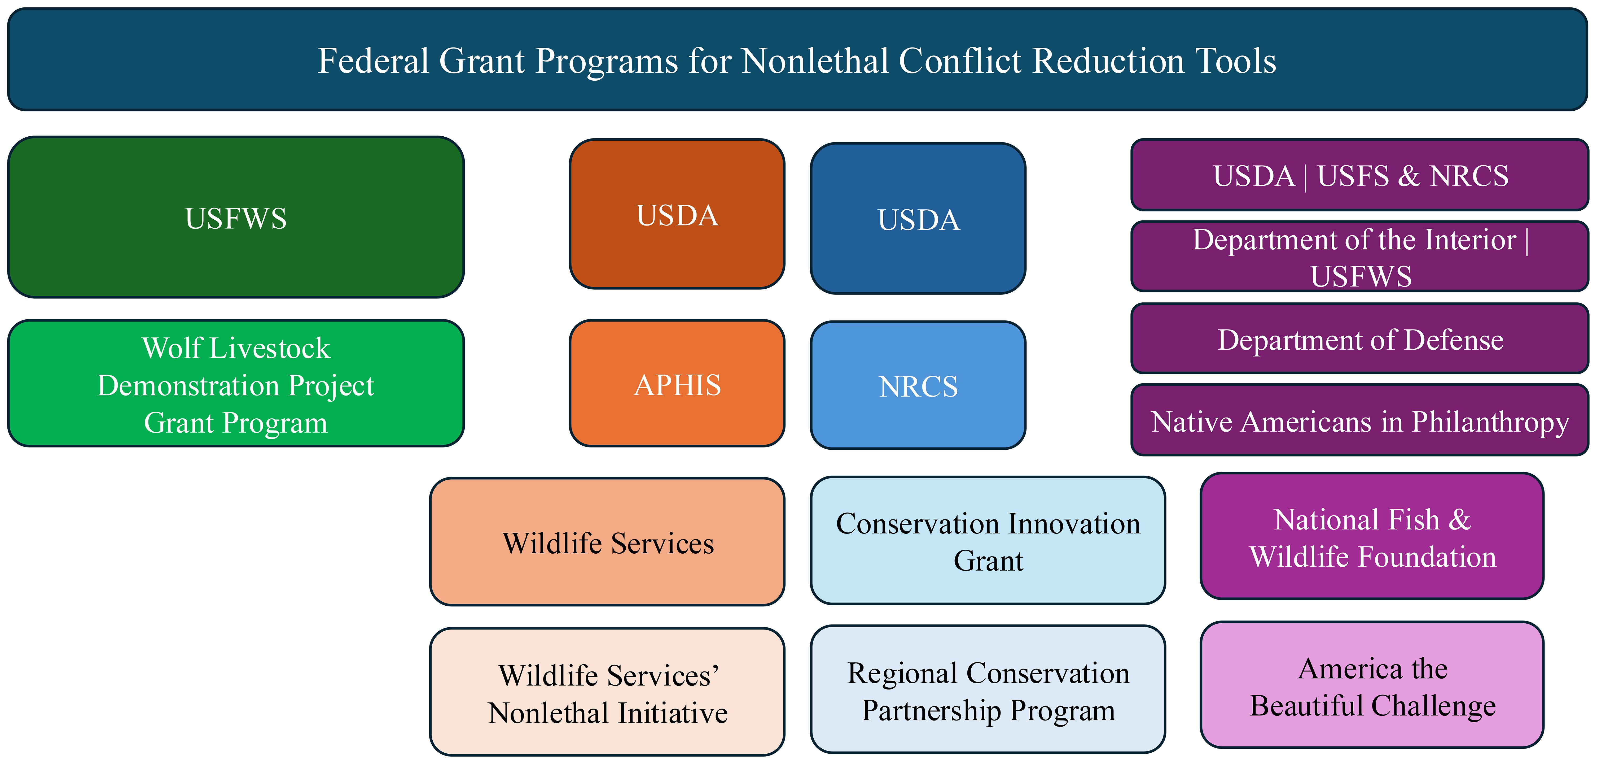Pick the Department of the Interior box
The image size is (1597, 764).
point(1360,256)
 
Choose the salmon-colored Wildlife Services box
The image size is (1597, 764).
point(608,541)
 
